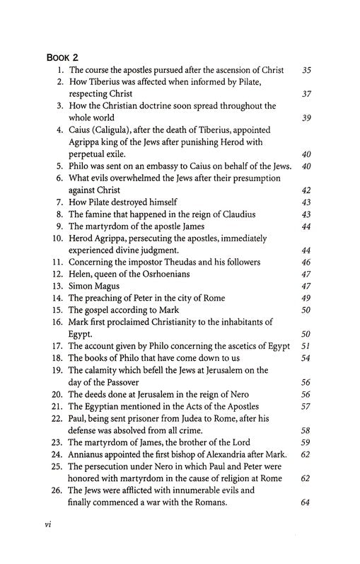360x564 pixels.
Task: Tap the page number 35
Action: point(306,70)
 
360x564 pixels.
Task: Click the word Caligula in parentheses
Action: point(122,130)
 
